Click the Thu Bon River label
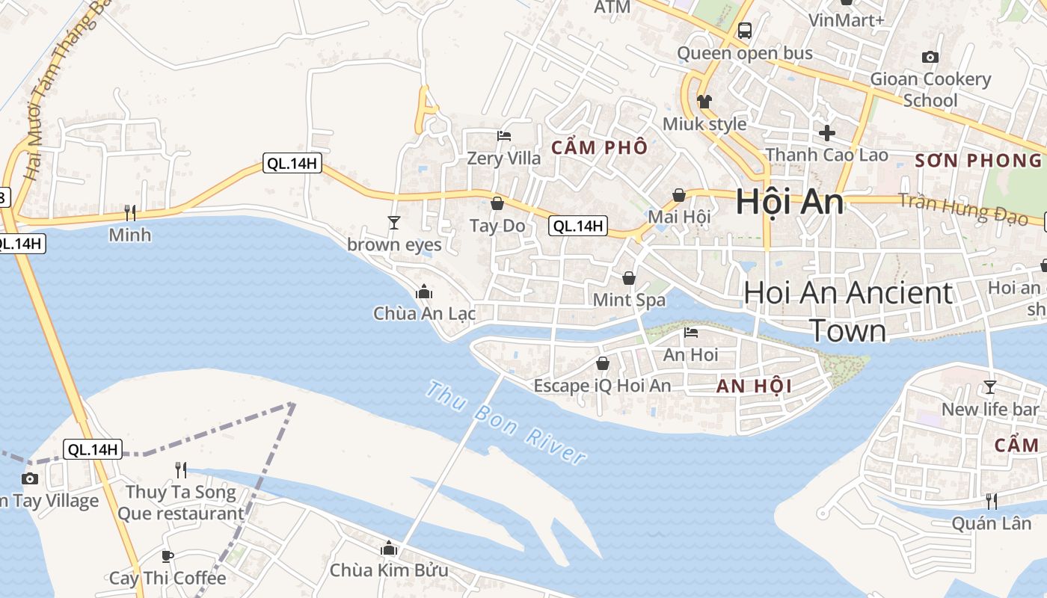(x=506, y=422)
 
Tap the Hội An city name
(x=790, y=202)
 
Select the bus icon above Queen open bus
(x=744, y=31)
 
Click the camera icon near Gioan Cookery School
(x=930, y=57)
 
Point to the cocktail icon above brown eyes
(x=394, y=222)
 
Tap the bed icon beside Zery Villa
(x=504, y=136)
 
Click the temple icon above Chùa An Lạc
(x=424, y=292)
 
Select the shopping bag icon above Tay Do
(x=497, y=203)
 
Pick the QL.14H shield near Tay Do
(x=577, y=226)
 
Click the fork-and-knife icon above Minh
(x=129, y=213)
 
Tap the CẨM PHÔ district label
(x=599, y=147)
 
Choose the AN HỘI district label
(x=754, y=386)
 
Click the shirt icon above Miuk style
(x=704, y=102)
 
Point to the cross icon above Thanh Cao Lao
(x=826, y=133)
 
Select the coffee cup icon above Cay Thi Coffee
(x=168, y=556)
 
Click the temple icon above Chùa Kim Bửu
(x=388, y=549)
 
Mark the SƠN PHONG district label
(x=978, y=160)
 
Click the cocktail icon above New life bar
(x=990, y=386)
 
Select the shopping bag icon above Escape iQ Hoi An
(x=602, y=363)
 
